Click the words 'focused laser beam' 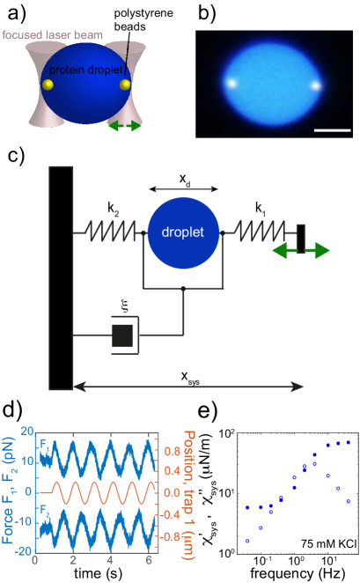pyautogui.click(x=52, y=35)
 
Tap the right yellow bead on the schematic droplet pyautogui.click(x=125, y=85)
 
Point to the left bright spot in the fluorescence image pyautogui.click(x=231, y=84)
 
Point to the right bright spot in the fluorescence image pyautogui.click(x=314, y=86)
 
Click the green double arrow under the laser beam pyautogui.click(x=124, y=127)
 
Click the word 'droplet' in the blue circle pyautogui.click(x=183, y=233)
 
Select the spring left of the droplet pyautogui.click(x=113, y=233)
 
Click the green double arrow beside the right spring pyautogui.click(x=300, y=251)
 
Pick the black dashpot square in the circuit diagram pyautogui.click(x=122, y=335)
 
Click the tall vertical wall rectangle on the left pyautogui.click(x=61, y=277)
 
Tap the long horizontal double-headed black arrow pyautogui.click(x=188, y=386)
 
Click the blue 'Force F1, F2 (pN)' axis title pyautogui.click(x=10, y=494)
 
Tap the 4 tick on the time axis pyautogui.click(x=110, y=560)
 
